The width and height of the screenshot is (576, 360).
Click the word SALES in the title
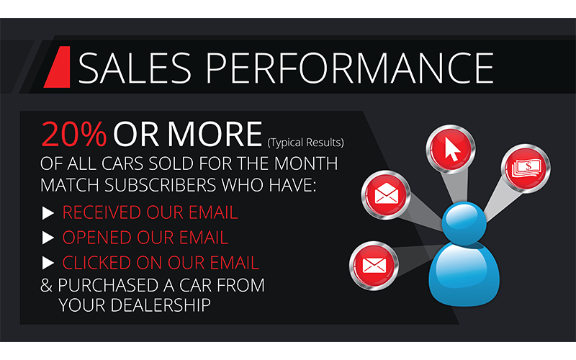(135, 68)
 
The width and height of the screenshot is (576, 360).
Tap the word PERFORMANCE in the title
(350, 68)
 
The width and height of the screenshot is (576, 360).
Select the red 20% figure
(74, 134)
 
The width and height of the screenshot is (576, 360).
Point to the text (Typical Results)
(305, 142)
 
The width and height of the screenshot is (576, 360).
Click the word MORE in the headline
(215, 134)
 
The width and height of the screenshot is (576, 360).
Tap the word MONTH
(306, 164)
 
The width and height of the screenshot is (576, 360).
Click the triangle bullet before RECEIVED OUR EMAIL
(48, 213)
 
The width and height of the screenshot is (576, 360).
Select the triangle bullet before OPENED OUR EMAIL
(48, 238)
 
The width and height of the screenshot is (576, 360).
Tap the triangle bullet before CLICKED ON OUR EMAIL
(48, 263)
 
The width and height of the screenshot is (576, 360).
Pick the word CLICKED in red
(96, 263)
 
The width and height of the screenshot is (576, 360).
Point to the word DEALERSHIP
(161, 305)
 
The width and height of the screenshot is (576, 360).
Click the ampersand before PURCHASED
(46, 285)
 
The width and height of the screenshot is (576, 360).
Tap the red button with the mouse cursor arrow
(451, 149)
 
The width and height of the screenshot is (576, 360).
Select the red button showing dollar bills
(526, 168)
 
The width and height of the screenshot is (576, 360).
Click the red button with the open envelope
(386, 194)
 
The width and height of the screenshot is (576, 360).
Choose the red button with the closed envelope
(374, 265)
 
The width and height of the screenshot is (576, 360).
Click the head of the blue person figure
(464, 223)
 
